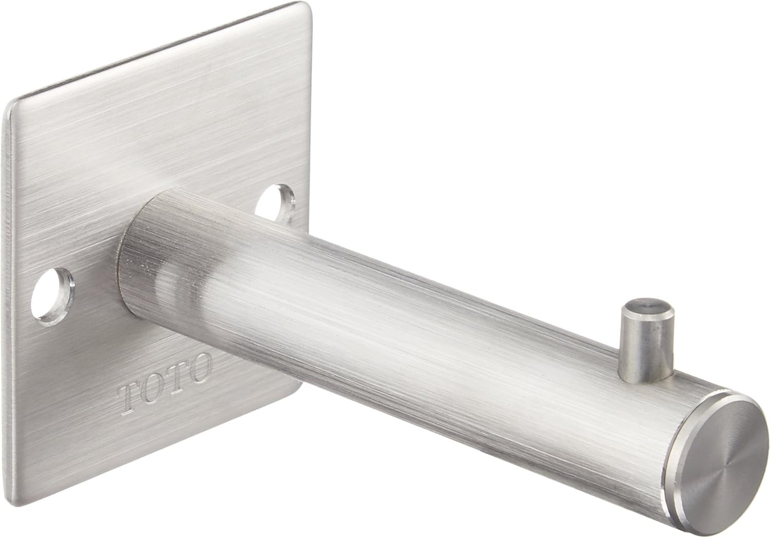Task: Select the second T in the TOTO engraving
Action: (177, 380)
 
